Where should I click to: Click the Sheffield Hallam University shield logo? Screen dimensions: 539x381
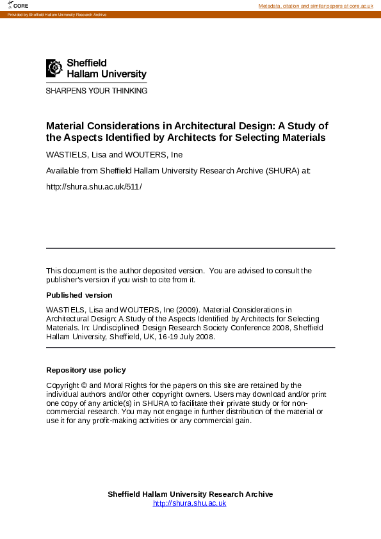click(x=54, y=68)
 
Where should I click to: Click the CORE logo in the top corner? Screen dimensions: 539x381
click(x=19, y=5)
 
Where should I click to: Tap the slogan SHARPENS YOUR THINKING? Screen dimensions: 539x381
click(x=97, y=90)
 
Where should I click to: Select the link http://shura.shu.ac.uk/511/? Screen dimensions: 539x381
click(x=93, y=186)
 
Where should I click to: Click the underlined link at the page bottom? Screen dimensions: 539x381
click(x=190, y=503)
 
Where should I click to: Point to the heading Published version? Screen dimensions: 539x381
click(x=79, y=295)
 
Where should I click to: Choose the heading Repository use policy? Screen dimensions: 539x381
click(x=86, y=370)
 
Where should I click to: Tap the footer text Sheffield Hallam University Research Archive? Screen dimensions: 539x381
click(x=190, y=494)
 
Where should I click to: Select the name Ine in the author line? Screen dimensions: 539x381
click(x=177, y=155)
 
